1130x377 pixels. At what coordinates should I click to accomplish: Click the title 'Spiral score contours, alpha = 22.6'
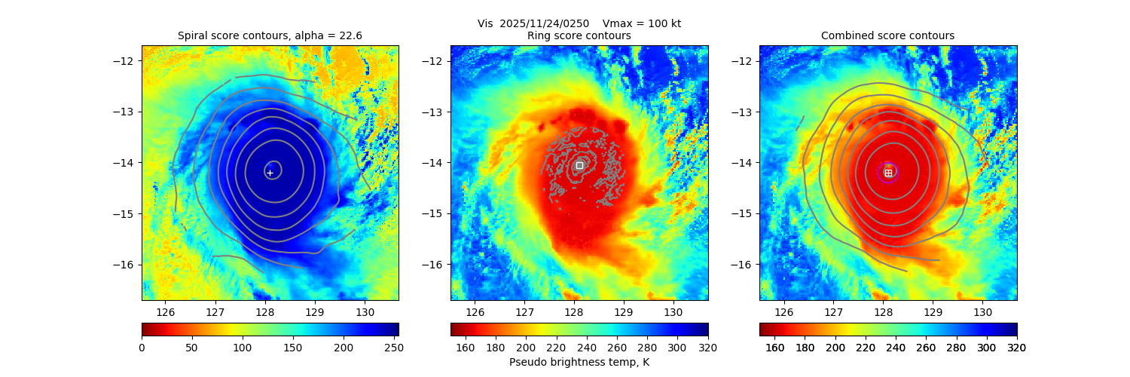(270, 35)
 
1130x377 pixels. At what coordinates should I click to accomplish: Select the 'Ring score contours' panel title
(579, 35)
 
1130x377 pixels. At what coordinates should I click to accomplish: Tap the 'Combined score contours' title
(887, 35)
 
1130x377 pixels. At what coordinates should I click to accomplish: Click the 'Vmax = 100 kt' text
(642, 23)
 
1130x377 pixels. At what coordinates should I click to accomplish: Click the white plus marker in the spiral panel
(270, 173)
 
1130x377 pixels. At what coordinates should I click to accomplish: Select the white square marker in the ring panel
(579, 165)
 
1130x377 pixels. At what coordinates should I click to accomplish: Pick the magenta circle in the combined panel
(888, 173)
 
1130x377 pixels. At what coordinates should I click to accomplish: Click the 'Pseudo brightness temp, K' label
(579, 362)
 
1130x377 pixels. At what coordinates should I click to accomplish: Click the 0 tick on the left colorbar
(142, 348)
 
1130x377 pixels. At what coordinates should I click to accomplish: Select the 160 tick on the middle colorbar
(466, 348)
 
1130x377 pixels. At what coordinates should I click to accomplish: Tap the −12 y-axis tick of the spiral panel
(127, 61)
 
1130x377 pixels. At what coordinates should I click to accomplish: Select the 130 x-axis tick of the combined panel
(982, 312)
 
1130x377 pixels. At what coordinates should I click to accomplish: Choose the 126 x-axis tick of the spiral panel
(165, 312)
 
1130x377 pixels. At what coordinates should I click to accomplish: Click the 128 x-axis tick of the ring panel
(574, 312)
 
